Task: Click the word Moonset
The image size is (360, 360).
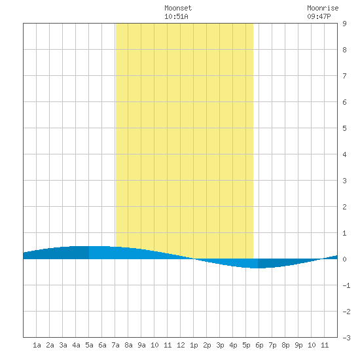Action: pyautogui.click(x=178, y=9)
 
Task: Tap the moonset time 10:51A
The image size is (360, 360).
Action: pyautogui.click(x=176, y=16)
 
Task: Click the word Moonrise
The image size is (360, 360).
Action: pyautogui.click(x=323, y=9)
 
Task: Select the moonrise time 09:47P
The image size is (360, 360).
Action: pyautogui.click(x=319, y=16)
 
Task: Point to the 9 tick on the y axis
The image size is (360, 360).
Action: pyautogui.click(x=344, y=24)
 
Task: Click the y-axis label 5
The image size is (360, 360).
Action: pyautogui.click(x=344, y=128)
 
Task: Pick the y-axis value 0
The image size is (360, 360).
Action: pyautogui.click(x=344, y=259)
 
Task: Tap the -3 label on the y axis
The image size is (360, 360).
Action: pyautogui.click(x=346, y=338)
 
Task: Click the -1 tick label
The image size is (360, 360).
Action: pyautogui.click(x=346, y=285)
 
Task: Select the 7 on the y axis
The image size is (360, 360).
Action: pyautogui.click(x=344, y=76)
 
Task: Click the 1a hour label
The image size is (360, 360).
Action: pyautogui.click(x=37, y=345)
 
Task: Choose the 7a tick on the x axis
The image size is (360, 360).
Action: pyautogui.click(x=115, y=345)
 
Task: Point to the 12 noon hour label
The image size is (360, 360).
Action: pyautogui.click(x=181, y=345)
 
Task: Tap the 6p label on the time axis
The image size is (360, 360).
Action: pyautogui.click(x=259, y=345)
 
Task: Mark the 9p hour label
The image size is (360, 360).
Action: pyautogui.click(x=298, y=345)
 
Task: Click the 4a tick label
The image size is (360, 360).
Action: pyautogui.click(x=76, y=345)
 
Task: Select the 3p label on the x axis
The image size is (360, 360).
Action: pyautogui.click(x=220, y=345)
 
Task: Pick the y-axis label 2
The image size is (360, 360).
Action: pyautogui.click(x=344, y=207)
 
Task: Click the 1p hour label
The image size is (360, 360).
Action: pyautogui.click(x=194, y=345)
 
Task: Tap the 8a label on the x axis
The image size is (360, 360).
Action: pyautogui.click(x=128, y=345)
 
